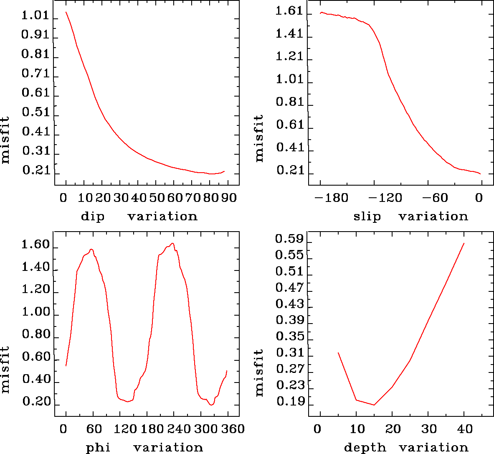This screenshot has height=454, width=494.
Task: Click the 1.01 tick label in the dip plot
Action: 35,17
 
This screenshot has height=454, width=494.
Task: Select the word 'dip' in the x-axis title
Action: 93,217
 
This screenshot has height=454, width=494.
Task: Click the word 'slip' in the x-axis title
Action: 367,217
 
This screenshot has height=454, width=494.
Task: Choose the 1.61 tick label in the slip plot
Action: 289,11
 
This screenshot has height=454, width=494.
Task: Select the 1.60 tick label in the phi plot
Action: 35,245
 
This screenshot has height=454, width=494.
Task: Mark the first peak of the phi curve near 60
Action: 91,250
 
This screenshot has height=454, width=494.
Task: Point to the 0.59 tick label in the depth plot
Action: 289,239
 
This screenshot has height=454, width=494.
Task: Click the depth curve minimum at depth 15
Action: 374,405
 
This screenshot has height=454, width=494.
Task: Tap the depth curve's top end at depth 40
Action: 464,243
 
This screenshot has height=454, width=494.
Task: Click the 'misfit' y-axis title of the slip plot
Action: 259,138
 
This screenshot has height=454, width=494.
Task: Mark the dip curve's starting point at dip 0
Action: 66,12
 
